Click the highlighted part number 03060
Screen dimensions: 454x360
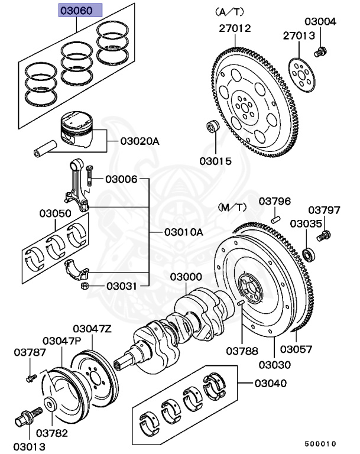coord(80,10)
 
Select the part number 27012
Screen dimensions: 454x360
coord(235,28)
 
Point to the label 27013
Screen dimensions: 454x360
coord(299,36)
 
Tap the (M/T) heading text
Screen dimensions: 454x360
coord(232,207)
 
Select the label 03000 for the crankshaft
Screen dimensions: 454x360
coord(186,277)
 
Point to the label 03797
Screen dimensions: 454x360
coord(325,210)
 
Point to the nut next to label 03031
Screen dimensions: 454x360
coord(85,287)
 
